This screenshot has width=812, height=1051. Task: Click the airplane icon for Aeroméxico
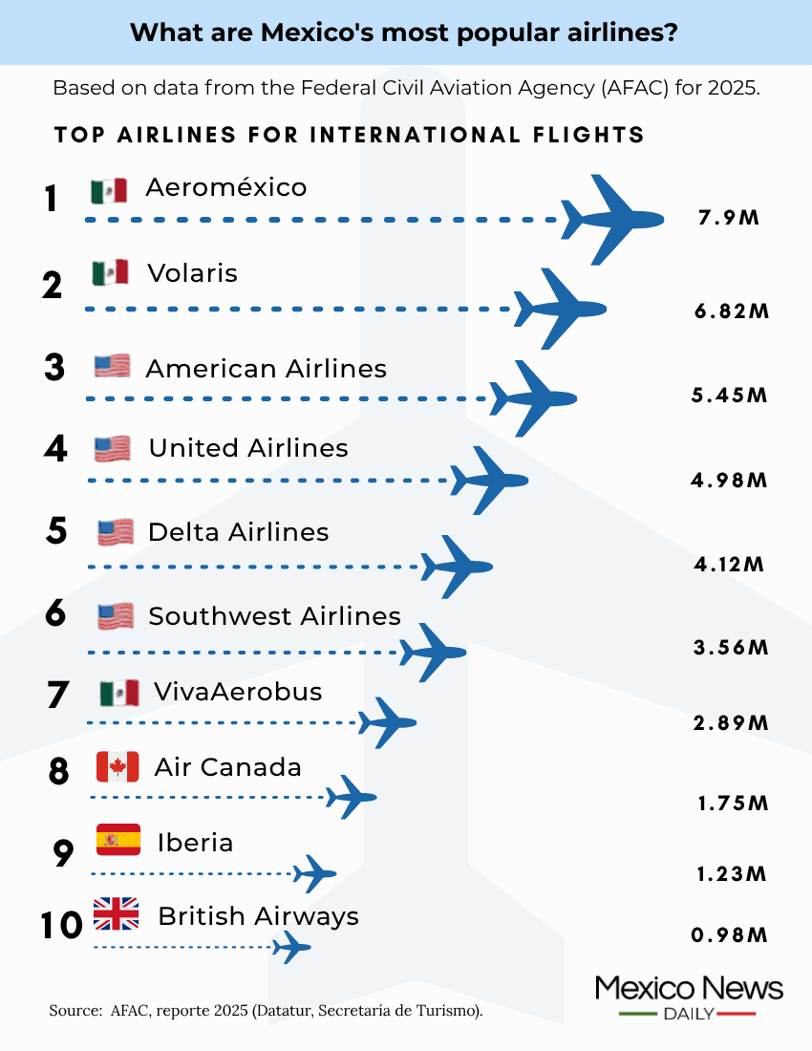pos(612,219)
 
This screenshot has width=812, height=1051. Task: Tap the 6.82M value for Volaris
pos(731,311)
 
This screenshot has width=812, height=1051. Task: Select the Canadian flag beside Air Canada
pos(118,766)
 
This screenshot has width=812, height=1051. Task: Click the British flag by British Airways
pos(117,914)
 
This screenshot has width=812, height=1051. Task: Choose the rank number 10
pos(63,926)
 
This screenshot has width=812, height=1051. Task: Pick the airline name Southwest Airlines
pos(274,616)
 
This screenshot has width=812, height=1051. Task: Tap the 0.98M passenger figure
pos(730,934)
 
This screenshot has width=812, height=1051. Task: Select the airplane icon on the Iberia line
pos(314,872)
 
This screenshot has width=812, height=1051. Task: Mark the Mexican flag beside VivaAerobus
pos(119,693)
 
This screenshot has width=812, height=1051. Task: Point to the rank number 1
pos(52,200)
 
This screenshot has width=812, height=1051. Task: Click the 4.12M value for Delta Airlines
pos(729,564)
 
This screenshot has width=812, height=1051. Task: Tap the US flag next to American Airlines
pos(112,366)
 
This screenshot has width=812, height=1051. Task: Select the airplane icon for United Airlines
pos(489,480)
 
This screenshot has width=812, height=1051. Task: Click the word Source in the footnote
pos(75,1009)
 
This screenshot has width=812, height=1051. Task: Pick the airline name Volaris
pos(192,274)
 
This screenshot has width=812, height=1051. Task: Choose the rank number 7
pos(58,696)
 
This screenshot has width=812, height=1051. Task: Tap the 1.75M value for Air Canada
pos(733,804)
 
